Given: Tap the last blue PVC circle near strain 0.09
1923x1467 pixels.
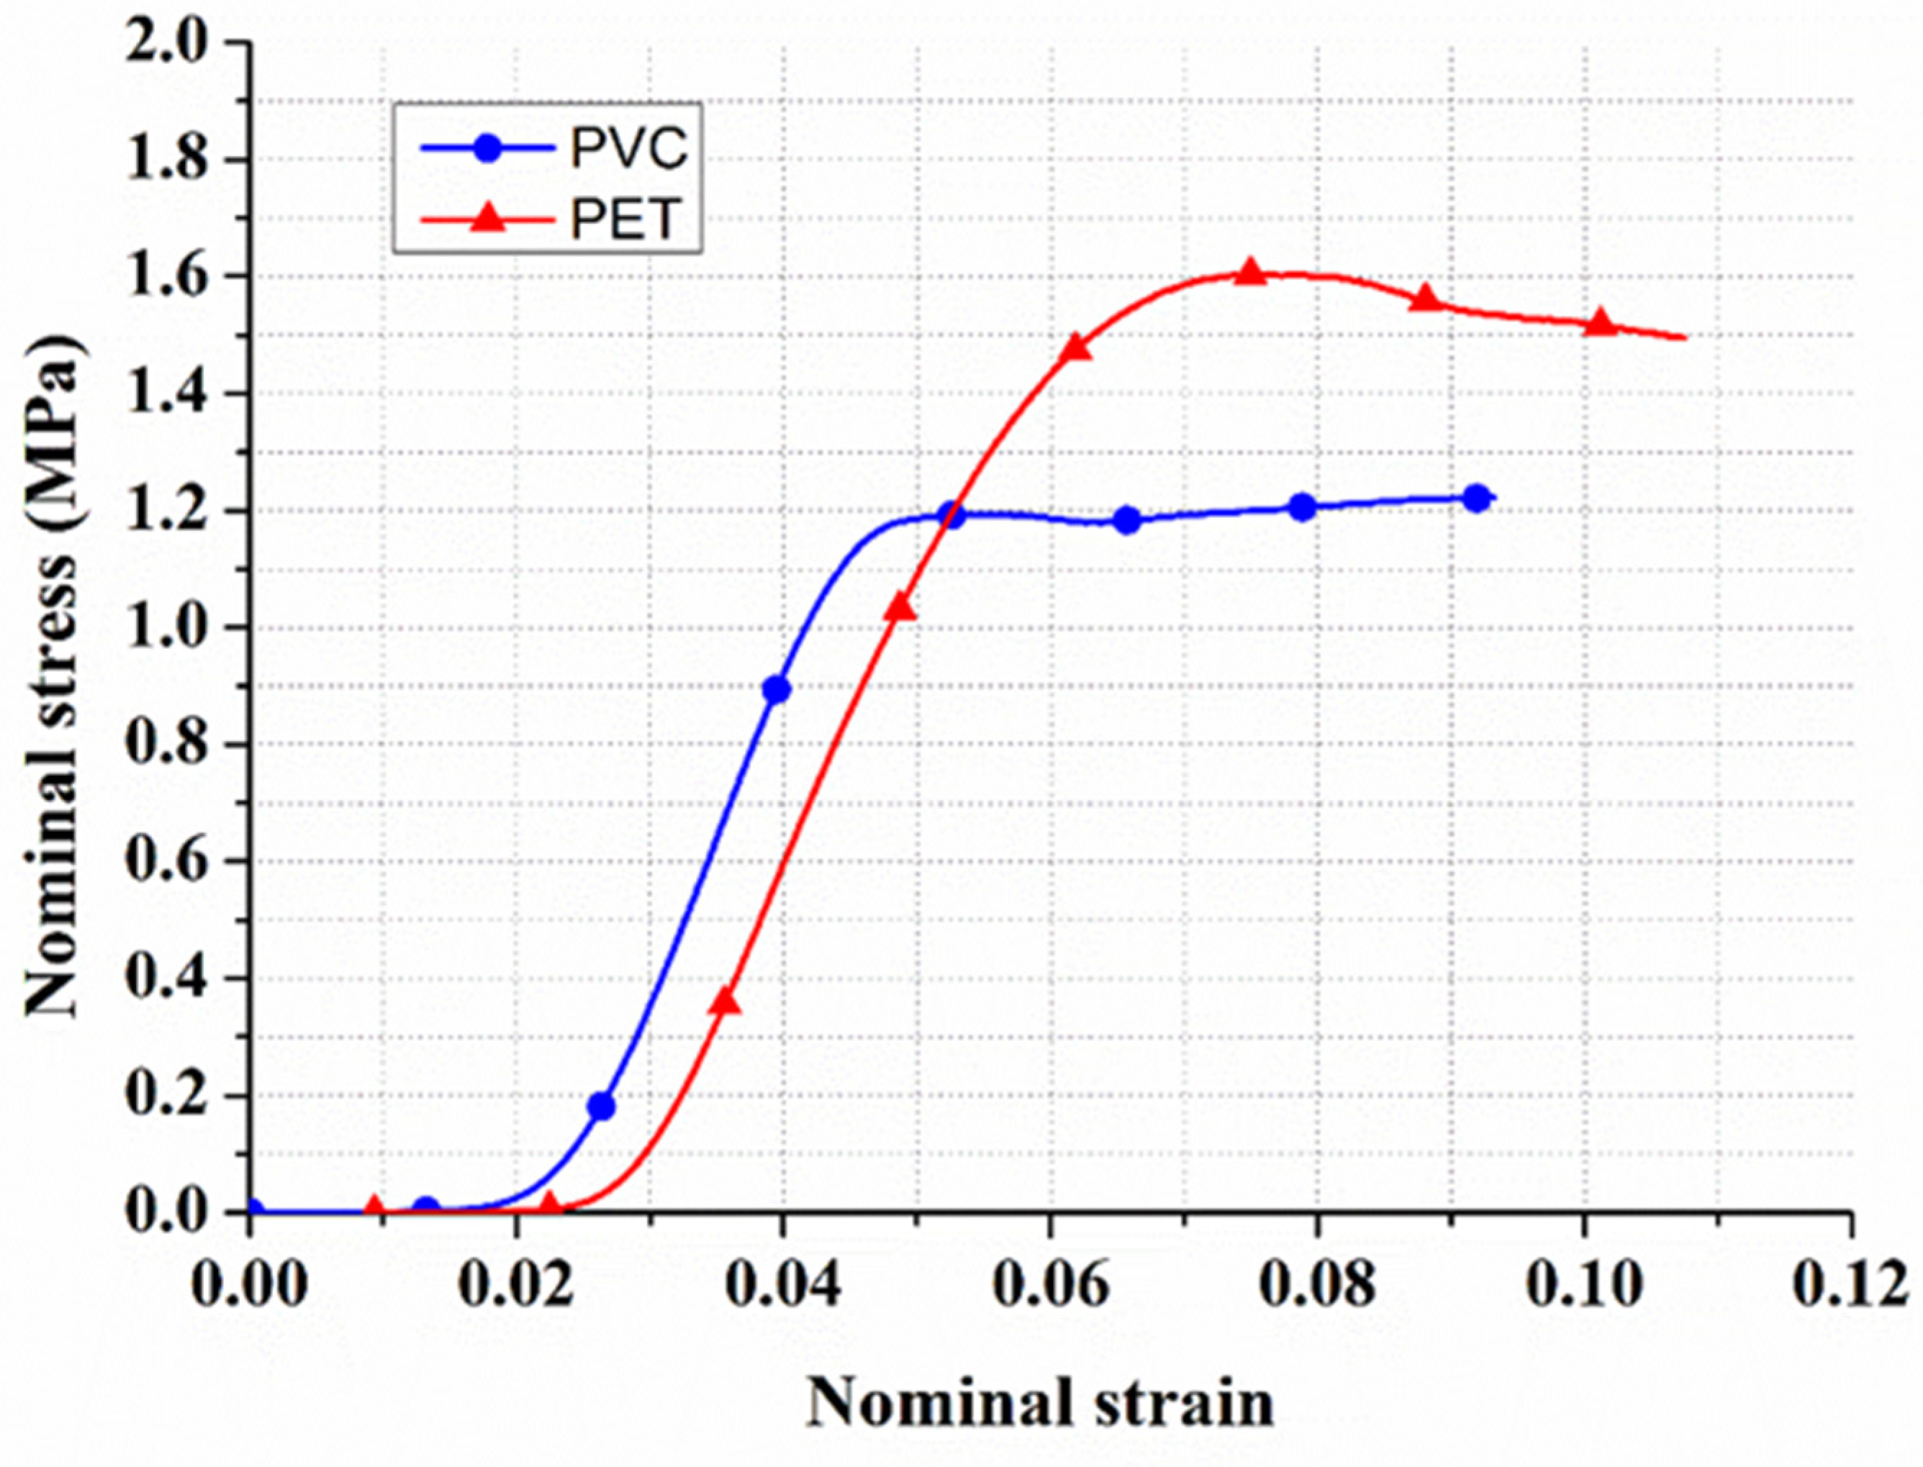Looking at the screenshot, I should click(1476, 499).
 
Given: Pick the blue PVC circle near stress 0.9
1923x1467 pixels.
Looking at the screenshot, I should click(776, 690).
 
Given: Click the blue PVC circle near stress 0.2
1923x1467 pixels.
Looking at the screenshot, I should click(601, 1107).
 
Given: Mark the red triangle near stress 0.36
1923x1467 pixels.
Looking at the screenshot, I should click(725, 1002).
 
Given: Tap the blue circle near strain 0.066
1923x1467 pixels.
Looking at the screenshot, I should click(1126, 520).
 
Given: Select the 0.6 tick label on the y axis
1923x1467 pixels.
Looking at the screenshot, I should click(171, 861).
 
